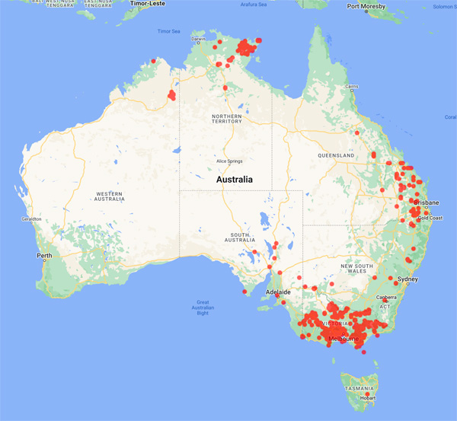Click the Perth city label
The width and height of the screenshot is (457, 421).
click(x=44, y=255)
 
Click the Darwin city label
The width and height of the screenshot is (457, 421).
click(x=198, y=39)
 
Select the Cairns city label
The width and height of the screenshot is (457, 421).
click(x=351, y=87)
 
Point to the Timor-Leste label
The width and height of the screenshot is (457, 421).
click(x=148, y=4)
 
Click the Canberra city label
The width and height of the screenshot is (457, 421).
click(x=385, y=298)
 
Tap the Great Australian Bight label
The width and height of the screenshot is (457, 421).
click(x=203, y=307)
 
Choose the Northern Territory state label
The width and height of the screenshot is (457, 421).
click(x=226, y=119)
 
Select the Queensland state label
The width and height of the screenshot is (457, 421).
click(x=337, y=155)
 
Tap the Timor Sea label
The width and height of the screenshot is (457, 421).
click(x=168, y=31)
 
